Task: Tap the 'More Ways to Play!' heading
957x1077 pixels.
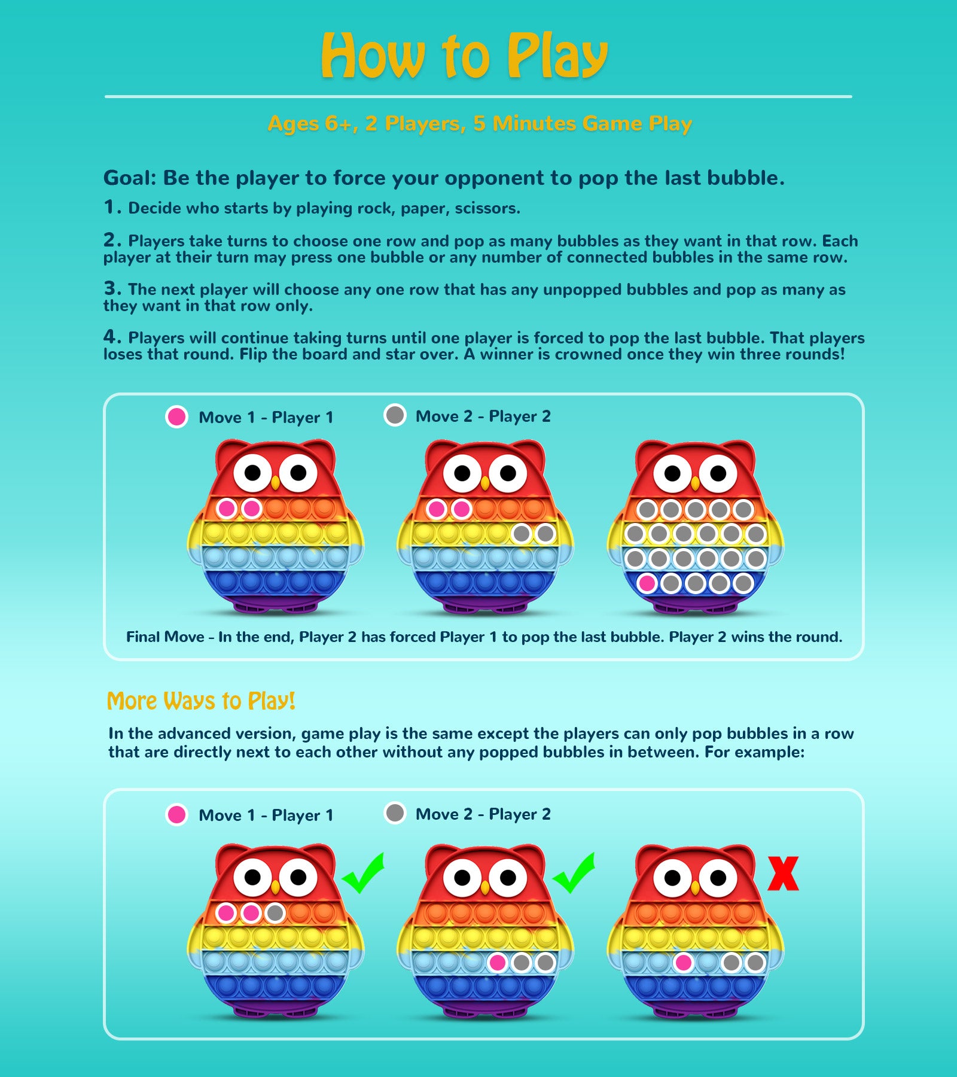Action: pyautogui.click(x=201, y=701)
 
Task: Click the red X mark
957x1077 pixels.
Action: pyautogui.click(x=784, y=874)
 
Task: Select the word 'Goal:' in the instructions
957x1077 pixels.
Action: pyautogui.click(x=130, y=178)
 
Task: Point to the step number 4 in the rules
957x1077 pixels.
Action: pyautogui.click(x=112, y=337)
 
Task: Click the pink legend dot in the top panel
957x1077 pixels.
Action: pyautogui.click(x=176, y=416)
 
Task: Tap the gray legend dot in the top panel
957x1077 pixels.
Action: pyautogui.click(x=395, y=415)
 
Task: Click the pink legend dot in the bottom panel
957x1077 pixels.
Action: pyautogui.click(x=176, y=814)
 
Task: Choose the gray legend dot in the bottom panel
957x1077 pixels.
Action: pyautogui.click(x=395, y=813)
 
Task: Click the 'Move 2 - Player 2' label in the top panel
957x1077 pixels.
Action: pyautogui.click(x=483, y=416)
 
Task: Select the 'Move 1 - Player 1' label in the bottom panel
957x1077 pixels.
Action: pyautogui.click(x=266, y=815)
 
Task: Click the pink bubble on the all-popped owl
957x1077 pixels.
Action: pyautogui.click(x=647, y=583)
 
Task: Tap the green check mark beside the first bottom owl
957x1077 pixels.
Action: pyautogui.click(x=364, y=872)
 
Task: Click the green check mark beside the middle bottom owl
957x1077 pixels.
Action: pyautogui.click(x=574, y=872)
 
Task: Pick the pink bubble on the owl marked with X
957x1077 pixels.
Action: pyautogui.click(x=683, y=962)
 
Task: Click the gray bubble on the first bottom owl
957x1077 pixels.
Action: pyautogui.click(x=275, y=913)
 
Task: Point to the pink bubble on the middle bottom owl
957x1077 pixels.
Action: pyautogui.click(x=497, y=962)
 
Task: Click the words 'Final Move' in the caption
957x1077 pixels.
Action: pyautogui.click(x=165, y=637)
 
